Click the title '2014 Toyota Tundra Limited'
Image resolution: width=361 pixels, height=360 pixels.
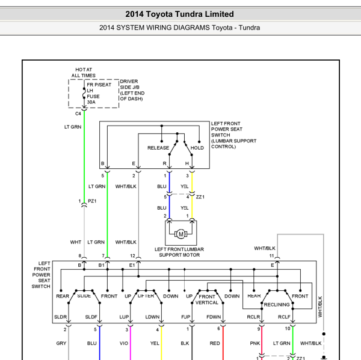[x=179, y=14]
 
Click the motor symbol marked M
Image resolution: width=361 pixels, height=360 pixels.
[x=181, y=234]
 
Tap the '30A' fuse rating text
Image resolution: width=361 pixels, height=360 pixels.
[x=91, y=102]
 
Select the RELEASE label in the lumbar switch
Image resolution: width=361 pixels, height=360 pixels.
[x=158, y=148]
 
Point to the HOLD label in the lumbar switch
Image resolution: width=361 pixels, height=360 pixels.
[x=197, y=148]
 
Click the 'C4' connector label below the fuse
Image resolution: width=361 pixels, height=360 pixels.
[x=78, y=114]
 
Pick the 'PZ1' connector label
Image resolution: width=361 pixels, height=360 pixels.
[x=92, y=201]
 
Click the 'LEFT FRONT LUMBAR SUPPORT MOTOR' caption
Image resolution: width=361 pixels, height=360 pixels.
[x=179, y=252]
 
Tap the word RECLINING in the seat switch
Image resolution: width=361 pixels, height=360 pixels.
[x=277, y=305]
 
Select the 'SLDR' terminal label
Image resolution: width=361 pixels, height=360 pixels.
[x=60, y=317]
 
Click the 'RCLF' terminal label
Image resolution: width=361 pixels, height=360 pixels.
[x=284, y=317]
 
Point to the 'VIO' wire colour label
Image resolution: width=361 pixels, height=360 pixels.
[x=123, y=343]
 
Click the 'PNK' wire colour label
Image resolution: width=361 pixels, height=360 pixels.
[x=255, y=343]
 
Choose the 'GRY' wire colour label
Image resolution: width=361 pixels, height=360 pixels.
[x=61, y=343]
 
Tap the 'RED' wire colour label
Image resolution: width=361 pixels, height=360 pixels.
[x=215, y=343]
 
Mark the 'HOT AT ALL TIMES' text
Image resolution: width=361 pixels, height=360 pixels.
[x=84, y=73]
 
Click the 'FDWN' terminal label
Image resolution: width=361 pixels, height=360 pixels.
[x=214, y=317]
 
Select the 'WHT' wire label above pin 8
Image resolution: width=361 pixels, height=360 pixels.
[x=76, y=242]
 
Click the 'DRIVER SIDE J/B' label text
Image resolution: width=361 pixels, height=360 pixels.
[x=129, y=84]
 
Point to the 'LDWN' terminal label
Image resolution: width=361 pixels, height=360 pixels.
[x=152, y=317]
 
